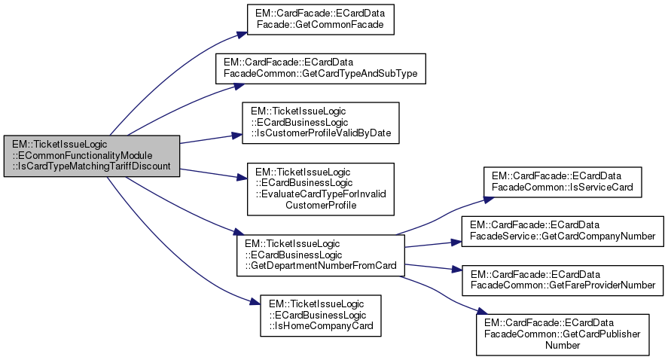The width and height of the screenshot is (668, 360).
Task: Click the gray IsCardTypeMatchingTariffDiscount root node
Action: tap(91, 156)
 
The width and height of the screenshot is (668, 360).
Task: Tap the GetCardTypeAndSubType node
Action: tap(322, 68)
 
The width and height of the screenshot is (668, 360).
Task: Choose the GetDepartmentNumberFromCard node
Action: tap(321, 256)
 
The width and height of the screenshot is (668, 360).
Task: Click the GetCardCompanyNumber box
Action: tap(561, 230)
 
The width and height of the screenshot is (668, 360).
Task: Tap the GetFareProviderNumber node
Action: tap(561, 279)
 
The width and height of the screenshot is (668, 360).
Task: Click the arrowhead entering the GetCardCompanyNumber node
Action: tap(456, 243)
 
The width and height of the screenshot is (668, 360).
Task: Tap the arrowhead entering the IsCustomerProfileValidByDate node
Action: tap(236, 136)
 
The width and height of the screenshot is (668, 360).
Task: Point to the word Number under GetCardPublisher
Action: tap(561, 344)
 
